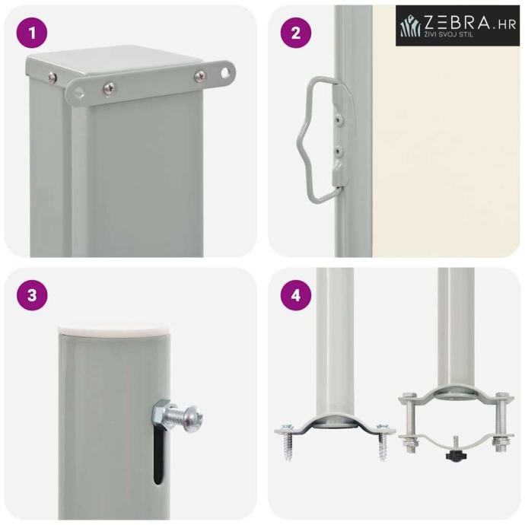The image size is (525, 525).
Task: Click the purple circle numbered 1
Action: (32, 33)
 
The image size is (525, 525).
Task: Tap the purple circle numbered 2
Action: (296, 33)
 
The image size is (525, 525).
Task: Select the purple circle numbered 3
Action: (32, 295)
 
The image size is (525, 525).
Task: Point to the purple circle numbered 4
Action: (296, 295)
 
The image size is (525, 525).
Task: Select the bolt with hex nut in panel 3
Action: (177, 415)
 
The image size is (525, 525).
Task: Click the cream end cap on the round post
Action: (116, 329)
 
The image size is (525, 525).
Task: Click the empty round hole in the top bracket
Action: (227, 72)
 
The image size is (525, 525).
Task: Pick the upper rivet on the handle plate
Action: (340, 119)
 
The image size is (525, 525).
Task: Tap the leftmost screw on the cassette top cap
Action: (52, 78)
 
